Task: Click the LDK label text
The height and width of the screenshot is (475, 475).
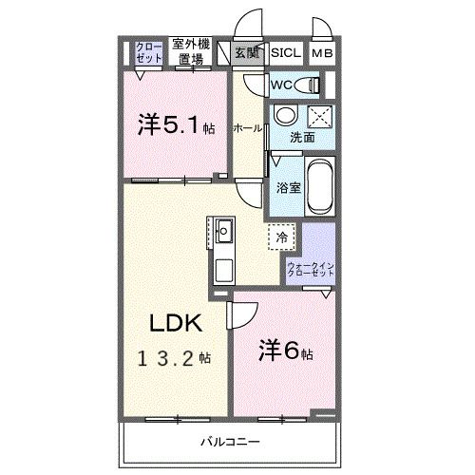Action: [176, 323]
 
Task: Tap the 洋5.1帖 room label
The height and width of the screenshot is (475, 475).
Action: [177, 125]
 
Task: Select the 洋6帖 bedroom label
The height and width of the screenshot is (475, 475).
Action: [286, 351]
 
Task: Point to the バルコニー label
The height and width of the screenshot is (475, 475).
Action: [230, 442]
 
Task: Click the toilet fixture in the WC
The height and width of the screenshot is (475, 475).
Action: [307, 85]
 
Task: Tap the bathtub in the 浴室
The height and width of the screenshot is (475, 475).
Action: [320, 186]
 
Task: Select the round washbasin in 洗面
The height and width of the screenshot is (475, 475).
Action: [286, 115]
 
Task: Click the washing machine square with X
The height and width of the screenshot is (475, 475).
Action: [320, 118]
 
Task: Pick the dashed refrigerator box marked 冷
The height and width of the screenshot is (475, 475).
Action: [281, 237]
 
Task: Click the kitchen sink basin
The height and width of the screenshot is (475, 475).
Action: [224, 231]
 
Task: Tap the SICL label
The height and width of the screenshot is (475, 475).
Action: [286, 53]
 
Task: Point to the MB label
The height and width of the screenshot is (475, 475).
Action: [322, 53]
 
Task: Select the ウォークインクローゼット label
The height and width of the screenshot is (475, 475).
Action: [311, 269]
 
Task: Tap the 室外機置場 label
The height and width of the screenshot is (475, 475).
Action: [191, 51]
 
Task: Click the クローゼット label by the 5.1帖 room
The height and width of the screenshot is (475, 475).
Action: [148, 52]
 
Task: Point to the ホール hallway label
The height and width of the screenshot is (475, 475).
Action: [247, 128]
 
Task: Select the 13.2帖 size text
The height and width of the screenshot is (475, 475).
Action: [174, 359]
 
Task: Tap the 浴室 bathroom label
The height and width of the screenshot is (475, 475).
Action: [288, 188]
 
